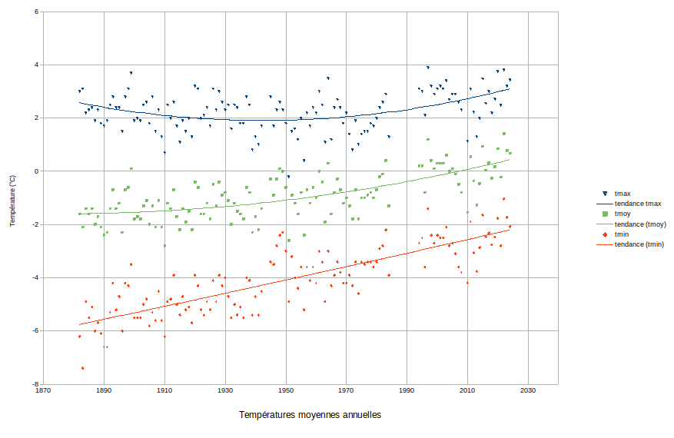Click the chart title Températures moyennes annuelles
[x=310, y=415]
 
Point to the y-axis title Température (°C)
[x=12, y=201]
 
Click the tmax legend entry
[x=623, y=194]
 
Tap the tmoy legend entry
[x=623, y=214]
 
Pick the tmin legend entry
[x=622, y=234]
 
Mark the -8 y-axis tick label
[x=35, y=383]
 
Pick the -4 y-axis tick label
[x=35, y=277]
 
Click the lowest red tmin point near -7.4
[x=82, y=368]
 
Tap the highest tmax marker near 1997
[x=428, y=68]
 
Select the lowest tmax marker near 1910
[x=164, y=152]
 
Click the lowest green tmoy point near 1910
[x=164, y=246]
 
